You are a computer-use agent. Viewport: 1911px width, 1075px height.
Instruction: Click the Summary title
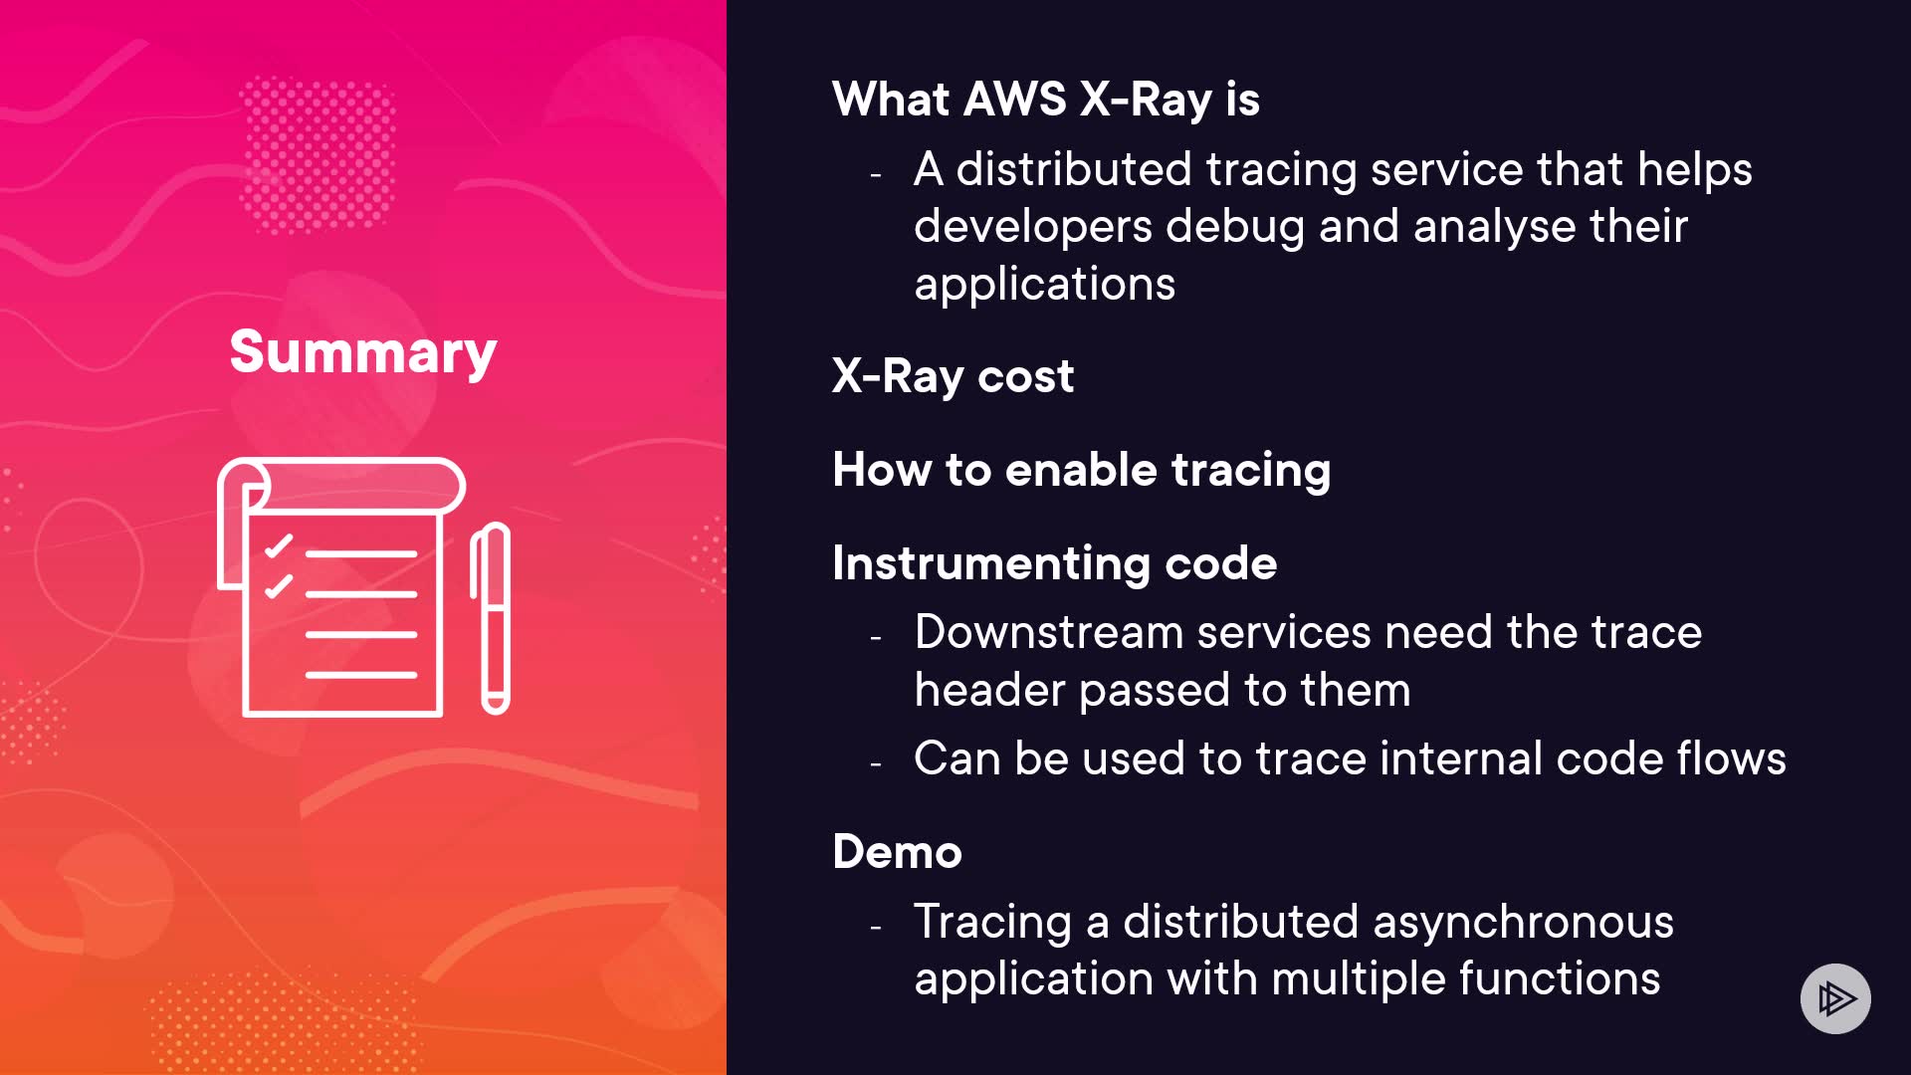[363, 353]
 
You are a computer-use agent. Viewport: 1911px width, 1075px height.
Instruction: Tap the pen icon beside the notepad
[491, 618]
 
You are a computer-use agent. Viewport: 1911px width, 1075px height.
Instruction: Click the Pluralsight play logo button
[1835, 998]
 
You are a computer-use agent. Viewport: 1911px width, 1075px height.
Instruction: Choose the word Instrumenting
[991, 564]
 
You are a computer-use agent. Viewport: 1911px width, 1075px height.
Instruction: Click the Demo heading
[898, 852]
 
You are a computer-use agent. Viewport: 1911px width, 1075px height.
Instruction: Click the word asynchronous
[1523, 923]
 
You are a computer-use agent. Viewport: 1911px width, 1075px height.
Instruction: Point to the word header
[989, 691]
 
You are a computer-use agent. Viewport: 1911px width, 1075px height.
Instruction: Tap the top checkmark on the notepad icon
[278, 545]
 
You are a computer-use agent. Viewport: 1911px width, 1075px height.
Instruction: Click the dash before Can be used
[876, 764]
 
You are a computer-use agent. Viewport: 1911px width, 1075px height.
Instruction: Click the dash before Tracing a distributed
[876, 928]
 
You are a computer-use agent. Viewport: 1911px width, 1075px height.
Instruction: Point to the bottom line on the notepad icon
[361, 675]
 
